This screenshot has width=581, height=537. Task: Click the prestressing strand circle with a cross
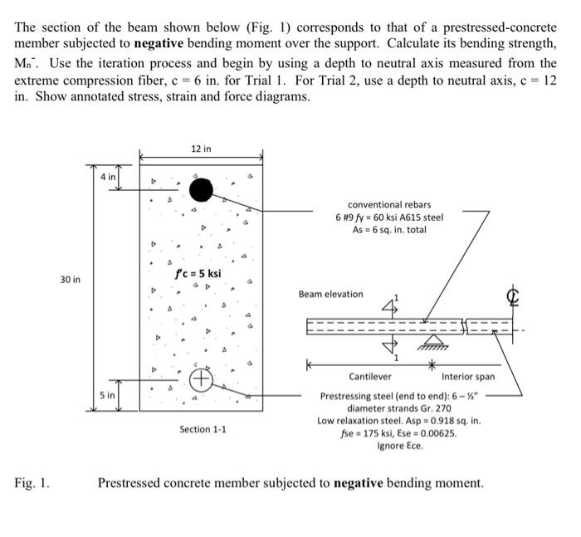point(201,380)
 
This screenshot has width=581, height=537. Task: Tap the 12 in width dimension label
point(201,149)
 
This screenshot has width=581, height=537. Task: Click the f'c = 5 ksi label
point(198,274)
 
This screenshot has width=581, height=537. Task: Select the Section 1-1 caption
point(203,429)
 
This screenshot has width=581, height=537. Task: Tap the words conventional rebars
point(389,204)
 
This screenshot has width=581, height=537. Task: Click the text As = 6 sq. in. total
point(389,230)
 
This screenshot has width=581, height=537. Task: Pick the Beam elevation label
point(330,294)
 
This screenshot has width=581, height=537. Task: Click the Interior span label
point(468,377)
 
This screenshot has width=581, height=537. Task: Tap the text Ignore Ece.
point(400,446)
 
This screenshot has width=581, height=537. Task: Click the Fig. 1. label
point(32,482)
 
